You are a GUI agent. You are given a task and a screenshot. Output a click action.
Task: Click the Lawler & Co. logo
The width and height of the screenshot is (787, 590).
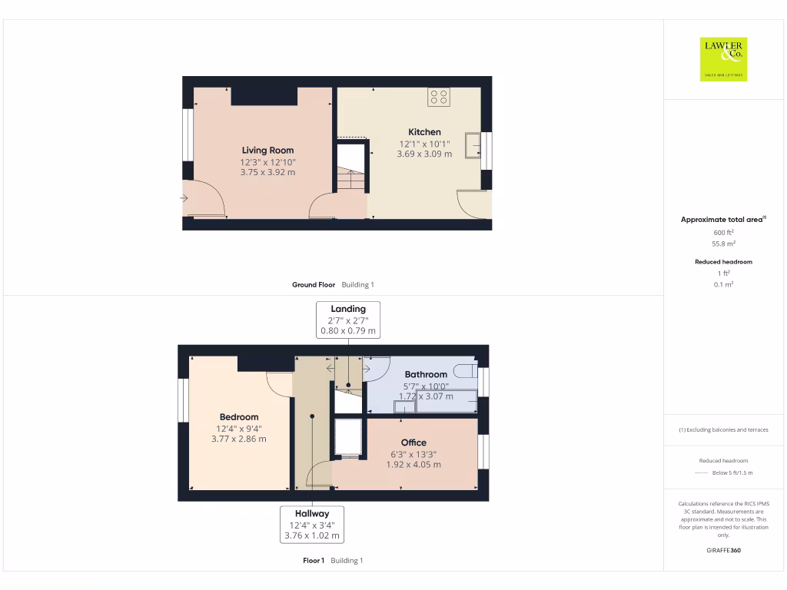pyautogui.click(x=724, y=59)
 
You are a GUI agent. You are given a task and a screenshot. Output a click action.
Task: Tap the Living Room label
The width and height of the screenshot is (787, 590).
pyautogui.click(x=267, y=151)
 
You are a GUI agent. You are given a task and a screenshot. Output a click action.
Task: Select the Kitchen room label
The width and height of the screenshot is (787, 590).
pyautogui.click(x=424, y=132)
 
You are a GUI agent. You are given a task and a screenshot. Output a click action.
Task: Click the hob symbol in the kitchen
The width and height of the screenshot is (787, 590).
pyautogui.click(x=439, y=97)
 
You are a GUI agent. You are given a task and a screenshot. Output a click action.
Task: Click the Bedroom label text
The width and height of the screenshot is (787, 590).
pyautogui.click(x=238, y=417)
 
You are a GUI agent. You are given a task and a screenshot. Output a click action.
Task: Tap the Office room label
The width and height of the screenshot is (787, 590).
pyautogui.click(x=413, y=442)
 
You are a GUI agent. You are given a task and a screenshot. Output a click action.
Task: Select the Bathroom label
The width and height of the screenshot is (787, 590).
pyautogui.click(x=426, y=375)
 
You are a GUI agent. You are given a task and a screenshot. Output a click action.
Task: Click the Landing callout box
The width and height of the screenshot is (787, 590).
pyautogui.click(x=348, y=320)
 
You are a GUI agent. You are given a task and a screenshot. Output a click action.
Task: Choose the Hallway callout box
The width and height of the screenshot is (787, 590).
pyautogui.click(x=312, y=524)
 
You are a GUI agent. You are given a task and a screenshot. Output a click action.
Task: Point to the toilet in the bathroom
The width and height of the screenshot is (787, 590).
pyautogui.click(x=464, y=371)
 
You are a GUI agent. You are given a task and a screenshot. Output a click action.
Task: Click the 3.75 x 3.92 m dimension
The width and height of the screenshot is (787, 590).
pyautogui.click(x=267, y=173)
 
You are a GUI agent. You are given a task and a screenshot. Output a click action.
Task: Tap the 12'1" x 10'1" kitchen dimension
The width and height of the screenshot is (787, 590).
pyautogui.click(x=424, y=144)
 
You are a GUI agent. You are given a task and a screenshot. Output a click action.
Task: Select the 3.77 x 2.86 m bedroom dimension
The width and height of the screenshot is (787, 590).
pyautogui.click(x=238, y=439)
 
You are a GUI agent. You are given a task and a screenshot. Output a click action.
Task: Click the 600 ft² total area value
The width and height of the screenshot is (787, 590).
pyautogui.click(x=723, y=232)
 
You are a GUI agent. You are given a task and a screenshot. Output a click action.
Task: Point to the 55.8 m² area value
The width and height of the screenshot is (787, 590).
pyautogui.click(x=723, y=243)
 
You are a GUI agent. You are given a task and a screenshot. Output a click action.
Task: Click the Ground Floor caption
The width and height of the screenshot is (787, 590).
pyautogui.click(x=313, y=285)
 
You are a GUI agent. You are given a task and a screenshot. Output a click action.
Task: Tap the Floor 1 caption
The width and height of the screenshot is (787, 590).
pyautogui.click(x=314, y=561)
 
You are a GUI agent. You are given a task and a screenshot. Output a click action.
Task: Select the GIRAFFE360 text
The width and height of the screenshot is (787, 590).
pyautogui.click(x=723, y=550)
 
